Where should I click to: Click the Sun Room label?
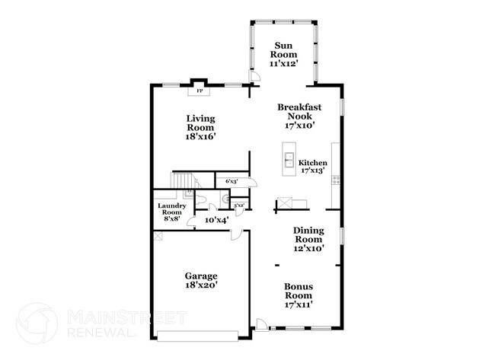pos(284,49)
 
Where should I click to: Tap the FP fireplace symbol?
pos(200,91)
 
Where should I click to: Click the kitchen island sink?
pos(289,160)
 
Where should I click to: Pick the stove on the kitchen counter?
pos(336,182)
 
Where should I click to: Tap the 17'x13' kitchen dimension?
pos(313,171)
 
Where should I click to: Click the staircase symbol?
pos(183,181)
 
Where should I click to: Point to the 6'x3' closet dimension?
pos(231,181)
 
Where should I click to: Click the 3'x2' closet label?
pos(239,205)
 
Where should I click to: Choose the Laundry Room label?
pos(172,209)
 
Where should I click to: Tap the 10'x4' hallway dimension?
pos(217,220)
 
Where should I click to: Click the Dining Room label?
pos(309,234)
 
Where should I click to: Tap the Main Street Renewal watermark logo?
pos(37,323)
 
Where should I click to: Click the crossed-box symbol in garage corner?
pos(158,237)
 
